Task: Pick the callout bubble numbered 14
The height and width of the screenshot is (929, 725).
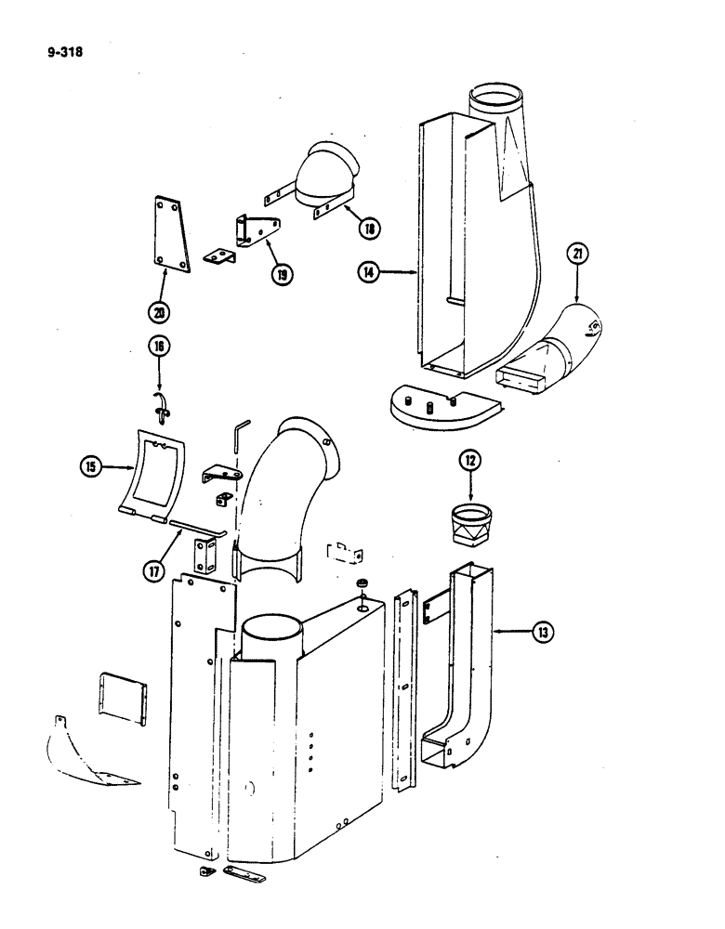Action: click(372, 272)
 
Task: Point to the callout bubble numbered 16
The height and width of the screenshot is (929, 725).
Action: click(156, 347)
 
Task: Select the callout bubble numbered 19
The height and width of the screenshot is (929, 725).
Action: click(280, 273)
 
